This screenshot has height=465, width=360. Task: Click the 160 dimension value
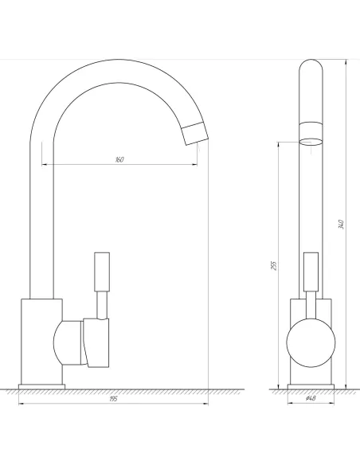[119, 159]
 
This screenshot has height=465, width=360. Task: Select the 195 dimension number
[113, 399]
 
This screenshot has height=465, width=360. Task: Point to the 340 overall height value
[341, 224]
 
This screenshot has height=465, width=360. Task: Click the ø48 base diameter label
[311, 399]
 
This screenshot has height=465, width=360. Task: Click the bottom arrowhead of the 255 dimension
[279, 385]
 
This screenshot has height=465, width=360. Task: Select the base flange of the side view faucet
[311, 388]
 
